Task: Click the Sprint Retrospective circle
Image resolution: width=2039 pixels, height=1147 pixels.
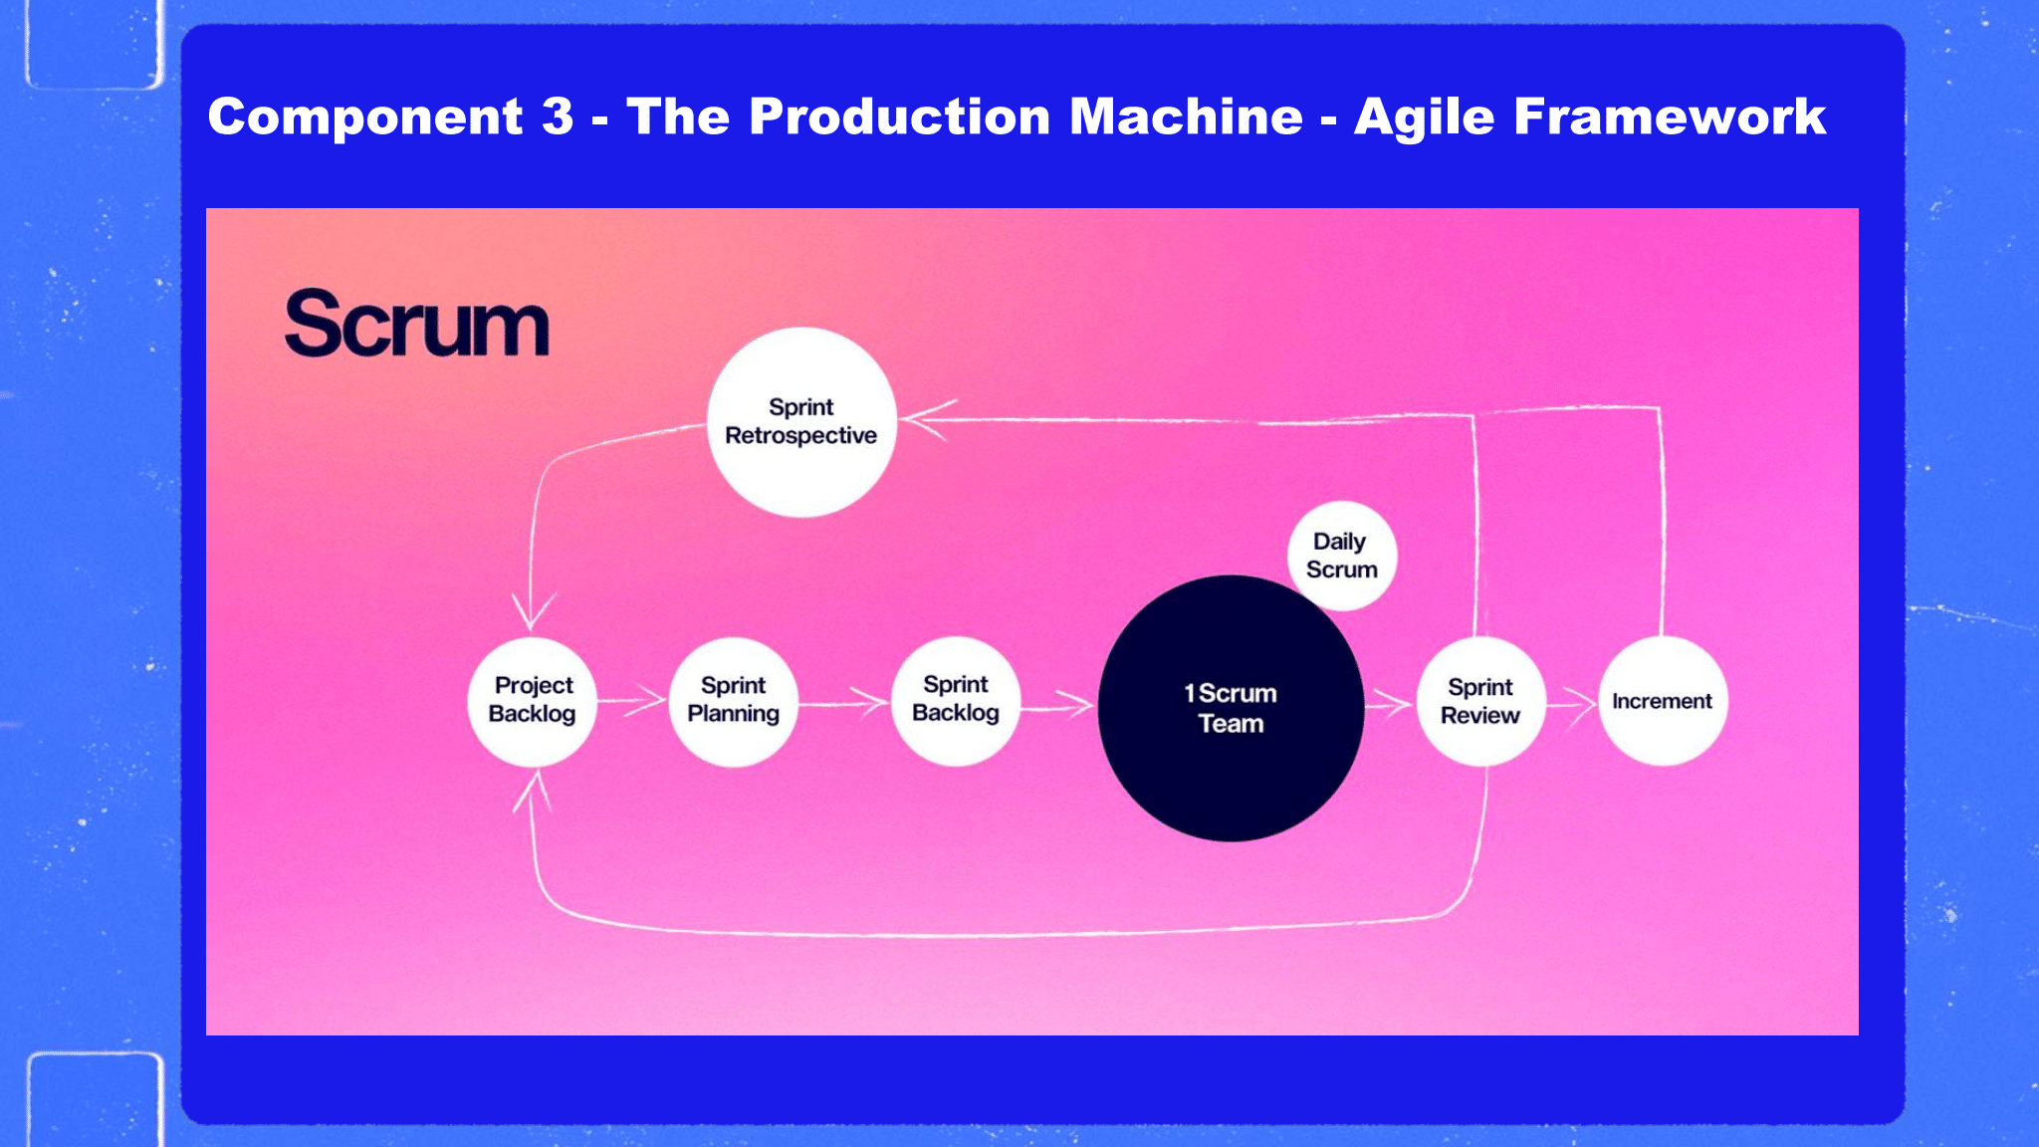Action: [801, 422]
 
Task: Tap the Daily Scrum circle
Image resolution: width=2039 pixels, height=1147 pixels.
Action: [1341, 556]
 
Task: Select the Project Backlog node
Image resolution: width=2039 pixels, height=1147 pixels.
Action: [533, 701]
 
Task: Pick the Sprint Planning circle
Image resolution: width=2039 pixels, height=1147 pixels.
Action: [734, 701]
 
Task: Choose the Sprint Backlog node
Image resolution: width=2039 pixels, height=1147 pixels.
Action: [956, 700]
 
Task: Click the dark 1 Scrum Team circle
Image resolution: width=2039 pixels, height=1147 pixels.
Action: [1231, 708]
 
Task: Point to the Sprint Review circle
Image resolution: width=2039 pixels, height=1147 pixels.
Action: [1480, 701]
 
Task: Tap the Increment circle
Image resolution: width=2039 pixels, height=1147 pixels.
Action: [1663, 701]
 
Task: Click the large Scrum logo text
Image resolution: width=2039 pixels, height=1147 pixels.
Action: [416, 324]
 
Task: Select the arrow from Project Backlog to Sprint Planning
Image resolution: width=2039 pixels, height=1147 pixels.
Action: [632, 701]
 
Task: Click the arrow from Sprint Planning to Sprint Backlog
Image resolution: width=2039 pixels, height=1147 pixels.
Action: [844, 704]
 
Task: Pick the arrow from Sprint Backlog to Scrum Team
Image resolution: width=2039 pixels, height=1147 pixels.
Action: [1058, 706]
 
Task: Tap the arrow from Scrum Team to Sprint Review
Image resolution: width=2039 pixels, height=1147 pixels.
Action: [1390, 705]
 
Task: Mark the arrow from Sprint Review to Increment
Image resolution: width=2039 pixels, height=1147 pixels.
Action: [1572, 703]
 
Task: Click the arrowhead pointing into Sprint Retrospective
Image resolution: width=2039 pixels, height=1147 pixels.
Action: [926, 418]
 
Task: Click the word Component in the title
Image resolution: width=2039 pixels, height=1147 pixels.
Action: [364, 117]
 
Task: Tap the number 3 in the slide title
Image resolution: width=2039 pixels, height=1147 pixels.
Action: [558, 116]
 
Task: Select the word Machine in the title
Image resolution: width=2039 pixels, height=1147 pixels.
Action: [1186, 116]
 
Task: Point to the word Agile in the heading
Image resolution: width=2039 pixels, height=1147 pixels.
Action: [1424, 118]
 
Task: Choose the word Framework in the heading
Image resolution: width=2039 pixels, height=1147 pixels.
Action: [1671, 116]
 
